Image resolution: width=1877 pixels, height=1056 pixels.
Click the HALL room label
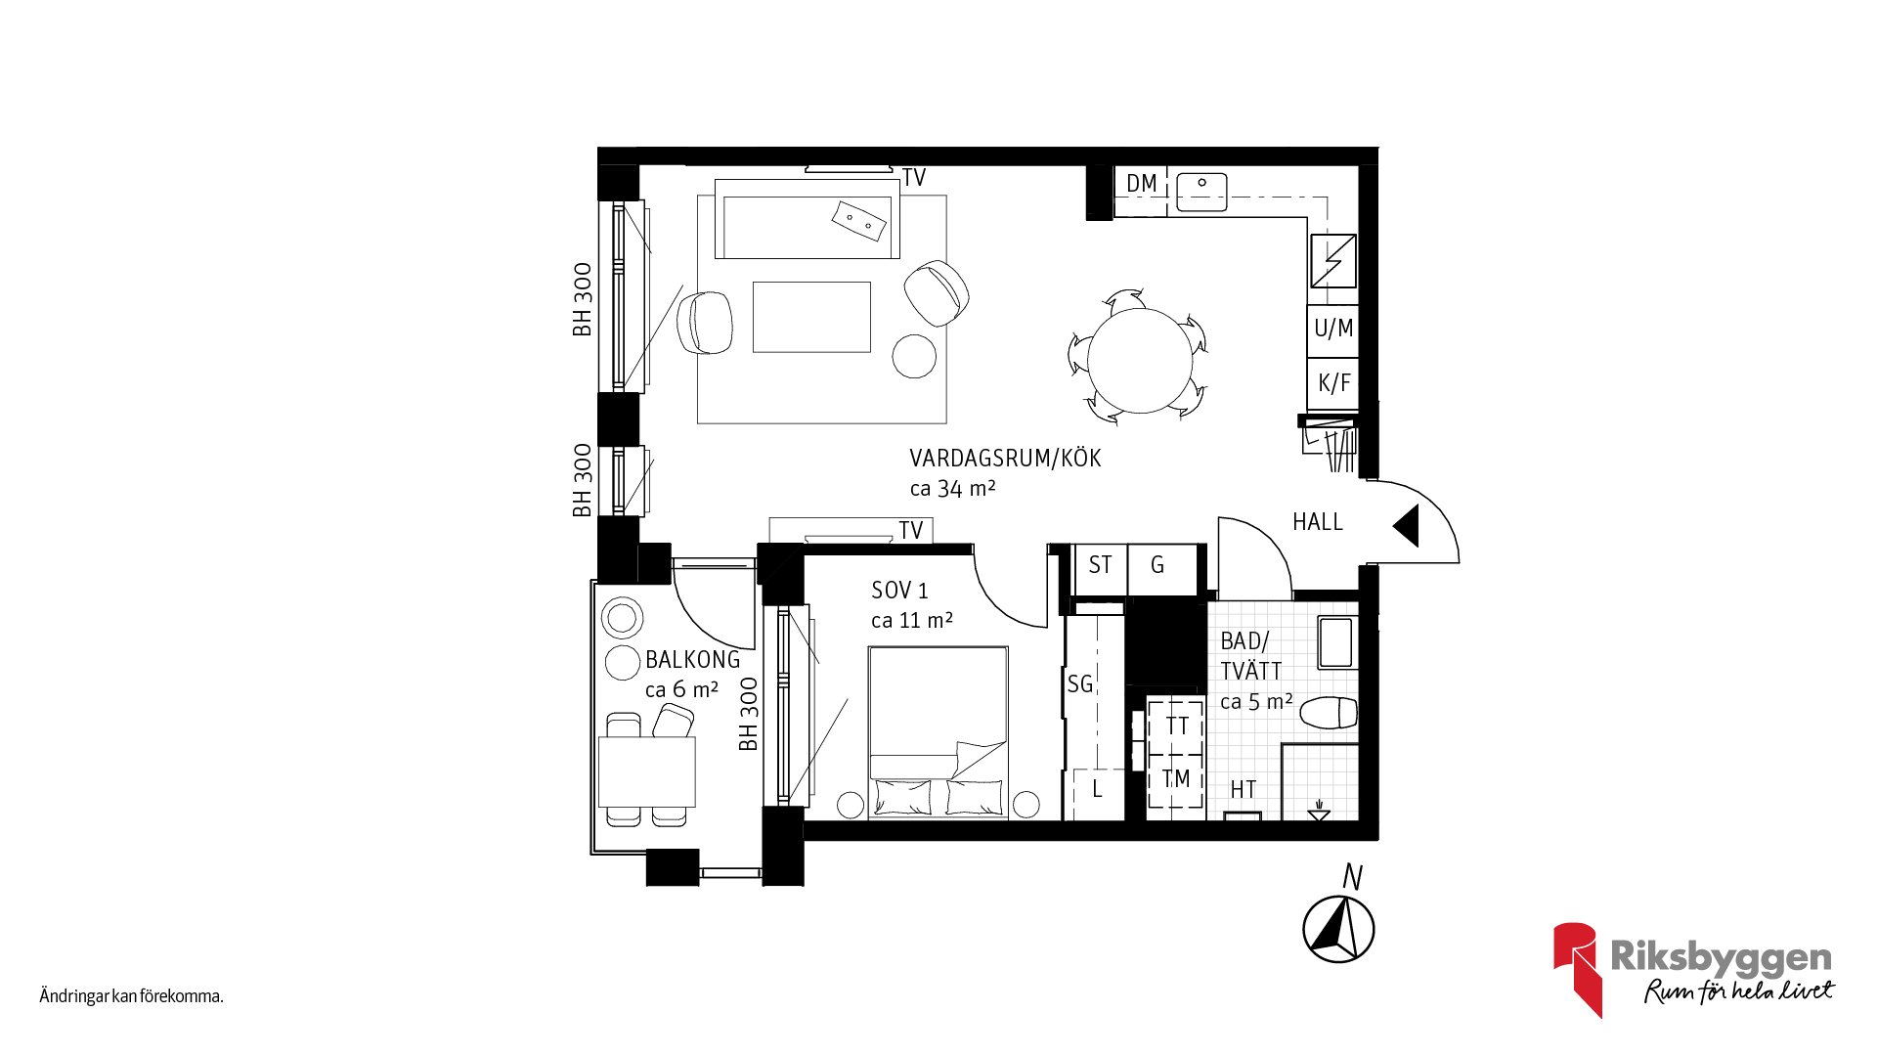click(1318, 522)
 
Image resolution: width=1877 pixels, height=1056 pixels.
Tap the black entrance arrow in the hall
click(1407, 526)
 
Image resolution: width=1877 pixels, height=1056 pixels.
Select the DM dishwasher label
click(1141, 184)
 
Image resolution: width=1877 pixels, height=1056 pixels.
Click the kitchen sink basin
click(1201, 192)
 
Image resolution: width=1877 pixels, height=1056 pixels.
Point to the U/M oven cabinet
click(1332, 330)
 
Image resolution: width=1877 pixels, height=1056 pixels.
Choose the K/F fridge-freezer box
click(1332, 383)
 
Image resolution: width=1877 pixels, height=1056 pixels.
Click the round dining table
click(1141, 360)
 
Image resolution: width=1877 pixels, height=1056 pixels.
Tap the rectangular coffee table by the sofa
click(811, 317)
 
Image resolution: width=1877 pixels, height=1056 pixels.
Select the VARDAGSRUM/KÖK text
click(1005, 459)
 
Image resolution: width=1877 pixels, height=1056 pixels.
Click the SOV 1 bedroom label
click(899, 591)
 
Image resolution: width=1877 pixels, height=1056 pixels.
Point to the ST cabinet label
click(1100, 565)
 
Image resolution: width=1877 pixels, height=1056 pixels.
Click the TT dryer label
click(1177, 726)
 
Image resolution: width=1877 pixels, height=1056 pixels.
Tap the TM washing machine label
click(1176, 779)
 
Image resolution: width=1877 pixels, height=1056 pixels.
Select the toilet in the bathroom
click(1329, 713)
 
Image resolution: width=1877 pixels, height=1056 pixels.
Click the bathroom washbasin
click(1336, 642)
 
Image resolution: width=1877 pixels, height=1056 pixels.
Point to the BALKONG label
click(693, 660)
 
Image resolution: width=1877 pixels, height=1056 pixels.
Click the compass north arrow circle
click(1338, 929)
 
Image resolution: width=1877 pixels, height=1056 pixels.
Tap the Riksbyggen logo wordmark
click(1721, 957)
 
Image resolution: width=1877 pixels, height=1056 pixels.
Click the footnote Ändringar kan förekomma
click(131, 996)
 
